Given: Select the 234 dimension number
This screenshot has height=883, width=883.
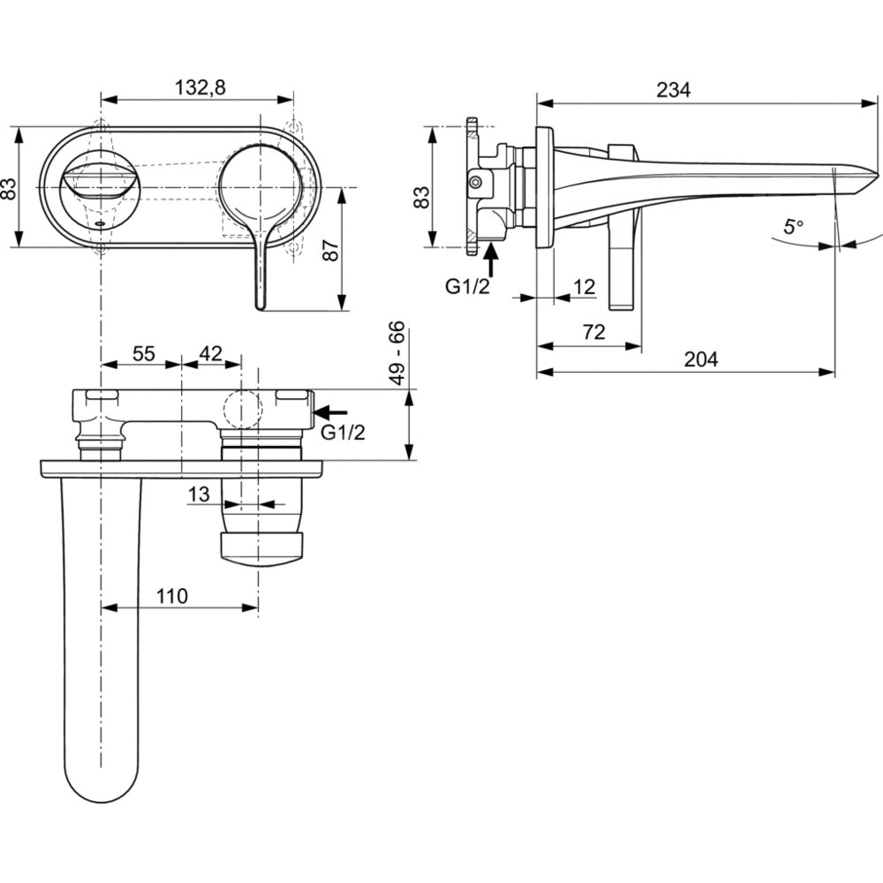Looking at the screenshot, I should click(673, 89).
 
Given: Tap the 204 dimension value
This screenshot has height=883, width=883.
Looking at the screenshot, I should click(700, 358).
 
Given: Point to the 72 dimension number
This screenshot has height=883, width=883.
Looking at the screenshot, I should click(593, 332).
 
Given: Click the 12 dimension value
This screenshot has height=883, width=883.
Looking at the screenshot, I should click(583, 286).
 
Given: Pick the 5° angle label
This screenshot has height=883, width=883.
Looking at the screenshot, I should click(792, 227).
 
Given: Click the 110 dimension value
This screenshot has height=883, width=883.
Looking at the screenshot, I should click(172, 596).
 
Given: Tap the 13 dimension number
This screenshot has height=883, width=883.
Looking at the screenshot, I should click(199, 494).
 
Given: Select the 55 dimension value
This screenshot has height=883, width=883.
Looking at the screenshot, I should click(143, 353).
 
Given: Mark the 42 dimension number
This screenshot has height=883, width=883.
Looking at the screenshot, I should click(210, 353).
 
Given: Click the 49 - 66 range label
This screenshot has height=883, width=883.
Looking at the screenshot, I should click(397, 353).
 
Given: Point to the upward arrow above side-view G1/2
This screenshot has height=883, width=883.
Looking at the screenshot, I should click(492, 261).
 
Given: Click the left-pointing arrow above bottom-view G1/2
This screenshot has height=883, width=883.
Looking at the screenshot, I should click(332, 411).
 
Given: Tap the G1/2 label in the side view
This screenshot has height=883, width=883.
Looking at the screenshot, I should click(467, 287).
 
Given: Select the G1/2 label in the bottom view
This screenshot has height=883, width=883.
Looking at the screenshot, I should click(342, 433).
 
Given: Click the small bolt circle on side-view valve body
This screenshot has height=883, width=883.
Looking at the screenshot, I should click(476, 182).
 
